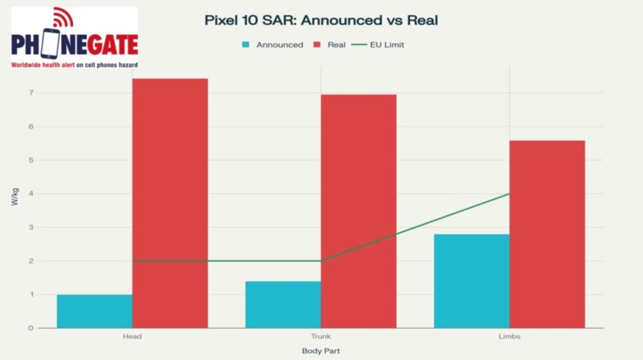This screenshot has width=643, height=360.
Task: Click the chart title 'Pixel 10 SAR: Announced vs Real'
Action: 321,20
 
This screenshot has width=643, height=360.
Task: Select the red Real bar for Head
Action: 170,203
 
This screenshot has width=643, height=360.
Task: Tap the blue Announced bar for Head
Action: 94,311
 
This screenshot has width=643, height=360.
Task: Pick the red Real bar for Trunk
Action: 358,211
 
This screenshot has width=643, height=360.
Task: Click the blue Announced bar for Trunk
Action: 283,304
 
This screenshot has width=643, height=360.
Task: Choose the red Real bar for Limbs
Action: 547,234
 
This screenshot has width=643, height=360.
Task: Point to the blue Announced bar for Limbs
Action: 471,281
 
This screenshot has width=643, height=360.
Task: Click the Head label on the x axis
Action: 132,336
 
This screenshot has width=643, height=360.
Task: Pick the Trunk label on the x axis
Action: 321,336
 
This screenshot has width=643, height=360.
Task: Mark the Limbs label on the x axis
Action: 509,336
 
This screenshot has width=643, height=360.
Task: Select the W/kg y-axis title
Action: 14,197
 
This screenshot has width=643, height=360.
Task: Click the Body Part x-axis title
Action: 321,351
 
